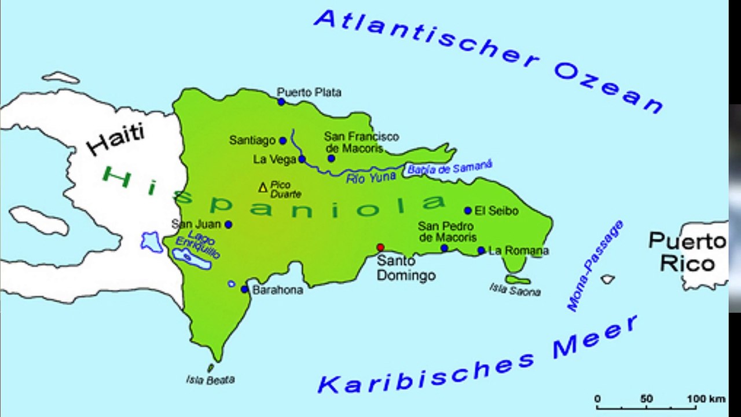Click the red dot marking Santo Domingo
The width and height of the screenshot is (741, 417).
click(380, 247)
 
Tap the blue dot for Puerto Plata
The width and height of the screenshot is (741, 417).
click(281, 102)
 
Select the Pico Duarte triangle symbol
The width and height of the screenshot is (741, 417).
click(263, 187)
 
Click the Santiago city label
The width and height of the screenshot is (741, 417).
click(252, 140)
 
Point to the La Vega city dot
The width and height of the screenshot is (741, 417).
click(302, 159)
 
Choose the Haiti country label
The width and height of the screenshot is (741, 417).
click(116, 139)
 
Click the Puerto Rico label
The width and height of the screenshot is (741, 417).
click(687, 252)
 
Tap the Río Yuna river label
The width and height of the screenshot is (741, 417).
click(371, 178)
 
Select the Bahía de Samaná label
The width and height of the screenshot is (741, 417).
click(449, 168)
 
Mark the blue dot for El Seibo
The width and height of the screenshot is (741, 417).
click(468, 211)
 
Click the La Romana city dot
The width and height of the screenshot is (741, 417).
click(481, 250)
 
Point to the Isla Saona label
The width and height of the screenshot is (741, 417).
click(515, 290)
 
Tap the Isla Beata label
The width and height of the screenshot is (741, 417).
click(210, 380)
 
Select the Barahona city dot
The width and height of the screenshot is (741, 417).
click(245, 289)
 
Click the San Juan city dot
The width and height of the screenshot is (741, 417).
click(229, 224)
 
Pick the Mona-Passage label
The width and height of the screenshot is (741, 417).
click(595, 266)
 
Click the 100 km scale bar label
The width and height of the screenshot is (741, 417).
click(706, 399)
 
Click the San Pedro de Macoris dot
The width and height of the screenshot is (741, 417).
click(444, 248)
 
